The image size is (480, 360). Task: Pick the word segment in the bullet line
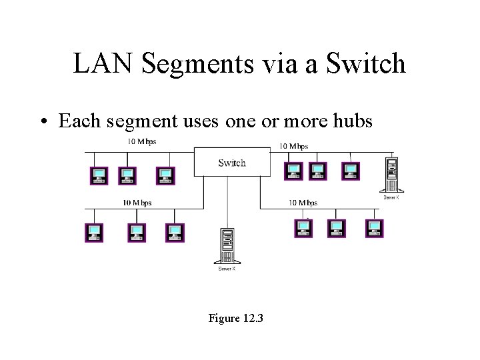[x=143, y=122]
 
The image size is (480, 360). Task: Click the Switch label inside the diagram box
[x=231, y=163]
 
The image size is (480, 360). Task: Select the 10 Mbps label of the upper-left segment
[x=142, y=142]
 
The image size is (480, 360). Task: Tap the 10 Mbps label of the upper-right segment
[x=293, y=146]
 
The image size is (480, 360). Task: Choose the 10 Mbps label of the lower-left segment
[x=137, y=203]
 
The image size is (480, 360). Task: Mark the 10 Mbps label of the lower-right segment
[x=303, y=203]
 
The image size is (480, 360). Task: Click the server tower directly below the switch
[x=227, y=246]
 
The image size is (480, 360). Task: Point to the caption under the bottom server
[x=227, y=268]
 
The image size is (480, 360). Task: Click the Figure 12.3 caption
[x=235, y=319]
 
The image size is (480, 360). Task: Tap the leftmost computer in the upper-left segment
[x=99, y=175]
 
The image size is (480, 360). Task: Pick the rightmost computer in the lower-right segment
[x=375, y=228]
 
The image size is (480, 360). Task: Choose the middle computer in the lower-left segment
[x=137, y=233]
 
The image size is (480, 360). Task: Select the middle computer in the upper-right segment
[x=318, y=171]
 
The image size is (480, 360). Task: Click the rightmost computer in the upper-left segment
[x=165, y=175]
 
